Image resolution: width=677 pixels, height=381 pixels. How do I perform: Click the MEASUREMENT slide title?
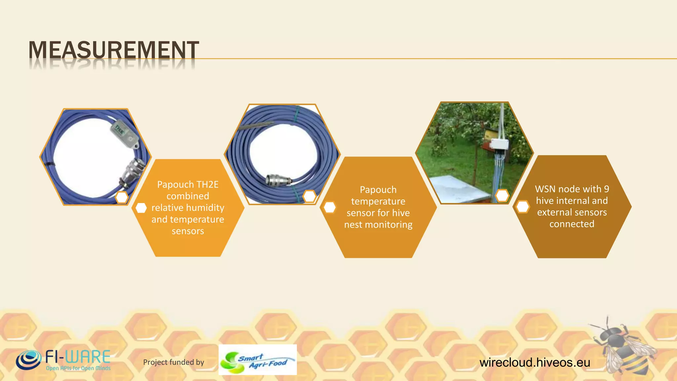(114, 50)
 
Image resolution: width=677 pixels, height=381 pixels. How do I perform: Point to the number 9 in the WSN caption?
(606, 189)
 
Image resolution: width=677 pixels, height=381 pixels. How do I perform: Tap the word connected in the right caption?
(572, 224)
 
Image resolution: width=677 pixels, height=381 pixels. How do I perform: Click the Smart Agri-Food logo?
(258, 360)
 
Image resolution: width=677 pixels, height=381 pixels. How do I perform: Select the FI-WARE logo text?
(78, 357)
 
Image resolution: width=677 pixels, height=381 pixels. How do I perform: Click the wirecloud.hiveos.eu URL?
(535, 362)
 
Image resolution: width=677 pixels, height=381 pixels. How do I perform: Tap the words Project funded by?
(174, 362)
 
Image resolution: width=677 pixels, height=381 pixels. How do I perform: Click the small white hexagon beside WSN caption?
(522, 207)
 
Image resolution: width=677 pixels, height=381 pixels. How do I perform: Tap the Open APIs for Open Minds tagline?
(78, 368)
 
